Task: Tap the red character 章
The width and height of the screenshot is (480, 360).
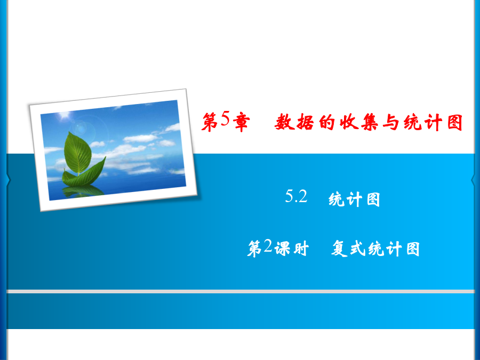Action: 242,123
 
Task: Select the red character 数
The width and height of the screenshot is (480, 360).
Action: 284,122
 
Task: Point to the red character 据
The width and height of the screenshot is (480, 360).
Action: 305,122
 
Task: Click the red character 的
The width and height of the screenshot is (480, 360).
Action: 326,122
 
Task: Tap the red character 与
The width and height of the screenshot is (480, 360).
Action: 390,122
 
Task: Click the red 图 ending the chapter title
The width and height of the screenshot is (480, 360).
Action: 454,122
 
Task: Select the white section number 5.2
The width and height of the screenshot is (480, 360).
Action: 296,196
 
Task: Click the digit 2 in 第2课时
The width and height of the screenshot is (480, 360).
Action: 268,245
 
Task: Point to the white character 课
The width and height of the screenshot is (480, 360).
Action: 282,248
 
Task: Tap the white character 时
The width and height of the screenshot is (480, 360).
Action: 301,248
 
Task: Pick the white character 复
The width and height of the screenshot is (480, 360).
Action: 339,248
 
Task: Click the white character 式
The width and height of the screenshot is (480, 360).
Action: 358,248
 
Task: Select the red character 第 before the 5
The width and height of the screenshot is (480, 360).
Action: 210,123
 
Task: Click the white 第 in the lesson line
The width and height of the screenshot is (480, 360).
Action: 255,248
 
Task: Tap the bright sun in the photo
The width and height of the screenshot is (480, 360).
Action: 65,116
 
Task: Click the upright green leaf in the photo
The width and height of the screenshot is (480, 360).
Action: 78,153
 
